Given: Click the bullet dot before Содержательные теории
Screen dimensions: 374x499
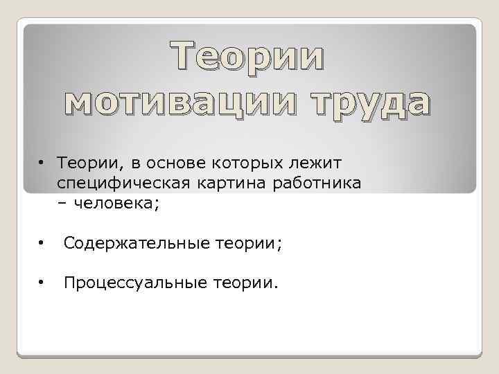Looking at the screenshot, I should click(x=42, y=243).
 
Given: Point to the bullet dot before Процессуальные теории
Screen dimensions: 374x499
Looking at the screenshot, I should click(x=42, y=283).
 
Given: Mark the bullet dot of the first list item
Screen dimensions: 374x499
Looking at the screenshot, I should click(x=42, y=161).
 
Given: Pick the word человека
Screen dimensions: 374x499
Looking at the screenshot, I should click(x=114, y=204).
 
